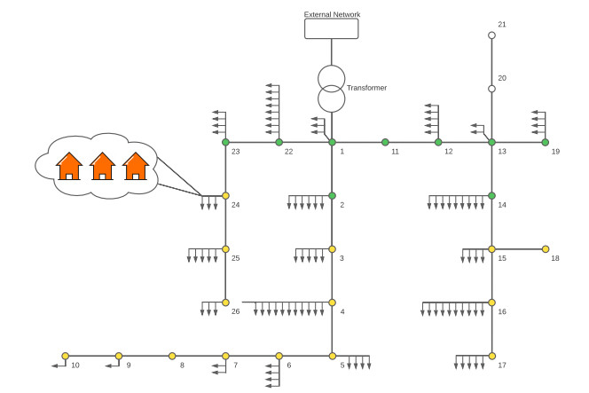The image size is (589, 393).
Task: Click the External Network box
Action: [332, 28]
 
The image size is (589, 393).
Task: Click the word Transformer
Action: [366, 88]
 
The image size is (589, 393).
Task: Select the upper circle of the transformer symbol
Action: [332, 76]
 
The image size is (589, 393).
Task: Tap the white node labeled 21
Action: [491, 35]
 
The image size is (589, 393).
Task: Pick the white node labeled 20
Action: [491, 89]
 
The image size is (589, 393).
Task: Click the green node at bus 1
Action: [332, 142]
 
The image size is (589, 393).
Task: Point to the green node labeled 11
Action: [385, 142]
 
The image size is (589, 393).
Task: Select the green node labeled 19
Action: [545, 142]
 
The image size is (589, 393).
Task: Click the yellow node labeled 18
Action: [545, 249]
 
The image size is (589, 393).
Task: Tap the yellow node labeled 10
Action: [66, 356]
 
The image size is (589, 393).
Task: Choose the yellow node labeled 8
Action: [172, 356]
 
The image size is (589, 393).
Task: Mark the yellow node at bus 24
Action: [225, 195]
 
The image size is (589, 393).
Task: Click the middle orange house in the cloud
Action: [103, 165]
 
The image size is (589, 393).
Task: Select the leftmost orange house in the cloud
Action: [69, 165]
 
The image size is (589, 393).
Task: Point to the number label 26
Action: [236, 311]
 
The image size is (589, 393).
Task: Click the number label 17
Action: [502, 365]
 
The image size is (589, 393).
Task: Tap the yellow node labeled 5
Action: [332, 356]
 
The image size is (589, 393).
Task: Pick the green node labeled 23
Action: [225, 142]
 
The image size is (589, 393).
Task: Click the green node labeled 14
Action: [491, 195]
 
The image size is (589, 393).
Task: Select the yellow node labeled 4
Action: [332, 303]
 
